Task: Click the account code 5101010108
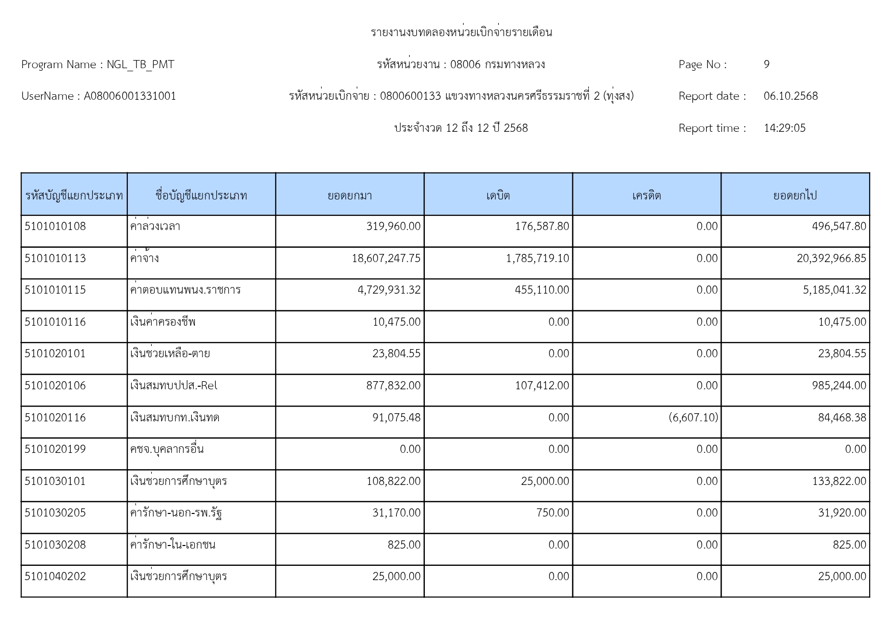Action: (55, 226)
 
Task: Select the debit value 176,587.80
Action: (542, 226)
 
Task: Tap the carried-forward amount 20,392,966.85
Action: (831, 259)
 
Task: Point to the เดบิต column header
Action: (498, 195)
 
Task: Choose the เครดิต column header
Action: (646, 195)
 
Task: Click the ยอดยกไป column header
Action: (795, 195)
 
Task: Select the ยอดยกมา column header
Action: (350, 195)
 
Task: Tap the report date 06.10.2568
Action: (790, 96)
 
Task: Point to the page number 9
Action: (766, 65)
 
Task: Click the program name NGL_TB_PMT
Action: (140, 65)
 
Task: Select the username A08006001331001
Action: (130, 96)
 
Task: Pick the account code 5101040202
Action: (55, 577)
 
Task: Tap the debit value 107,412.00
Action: (542, 386)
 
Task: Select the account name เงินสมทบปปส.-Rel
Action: (174, 386)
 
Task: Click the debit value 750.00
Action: (553, 513)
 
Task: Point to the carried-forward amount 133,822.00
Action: (839, 481)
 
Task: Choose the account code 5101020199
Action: (55, 449)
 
